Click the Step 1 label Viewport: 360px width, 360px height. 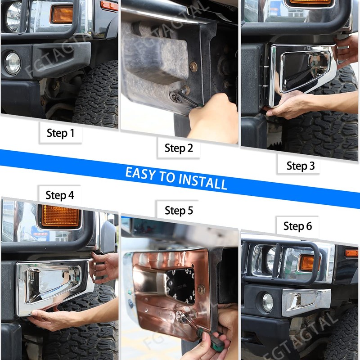(60, 133)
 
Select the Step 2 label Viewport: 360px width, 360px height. (179, 148)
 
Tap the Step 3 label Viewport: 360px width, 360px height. (301, 166)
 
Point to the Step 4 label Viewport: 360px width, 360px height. (59, 195)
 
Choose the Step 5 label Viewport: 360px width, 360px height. (179, 210)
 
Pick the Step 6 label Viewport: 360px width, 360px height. (297, 226)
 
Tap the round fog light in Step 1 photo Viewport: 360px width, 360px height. (13, 63)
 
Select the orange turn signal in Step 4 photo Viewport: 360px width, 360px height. (60, 216)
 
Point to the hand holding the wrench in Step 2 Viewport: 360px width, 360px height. (211, 120)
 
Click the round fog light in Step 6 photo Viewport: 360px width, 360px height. (267, 302)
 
